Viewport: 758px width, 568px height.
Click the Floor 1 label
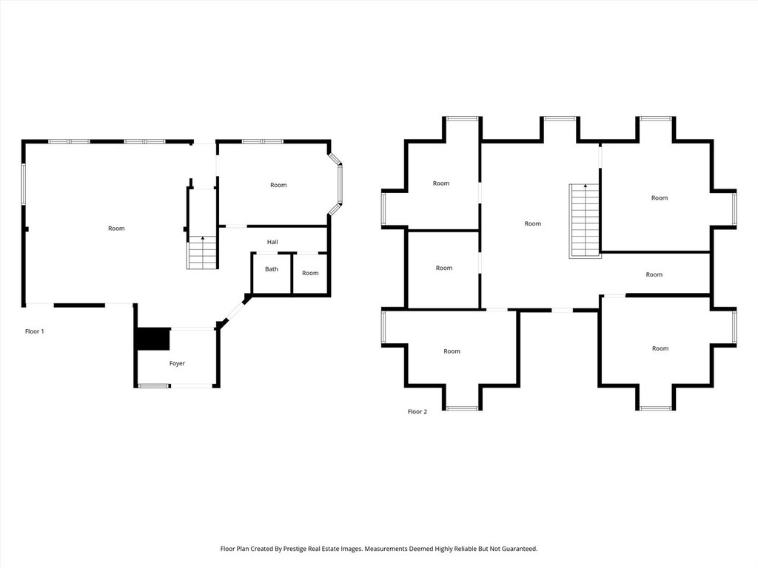(35, 331)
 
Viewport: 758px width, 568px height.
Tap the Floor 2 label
(417, 411)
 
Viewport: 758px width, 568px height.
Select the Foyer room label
(177, 363)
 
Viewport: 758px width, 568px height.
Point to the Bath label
(272, 268)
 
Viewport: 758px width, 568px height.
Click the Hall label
(272, 242)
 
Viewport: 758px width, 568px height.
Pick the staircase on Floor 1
(202, 252)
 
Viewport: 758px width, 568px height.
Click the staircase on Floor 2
(584, 220)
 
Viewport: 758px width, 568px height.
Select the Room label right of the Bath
(310, 273)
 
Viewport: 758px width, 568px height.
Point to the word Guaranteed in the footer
(518, 549)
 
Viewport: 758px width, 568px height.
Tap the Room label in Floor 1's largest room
(116, 229)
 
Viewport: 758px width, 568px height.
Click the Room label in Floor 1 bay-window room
(278, 185)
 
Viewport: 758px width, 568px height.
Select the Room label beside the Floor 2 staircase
(533, 223)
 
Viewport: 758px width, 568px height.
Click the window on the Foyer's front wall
(153, 385)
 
